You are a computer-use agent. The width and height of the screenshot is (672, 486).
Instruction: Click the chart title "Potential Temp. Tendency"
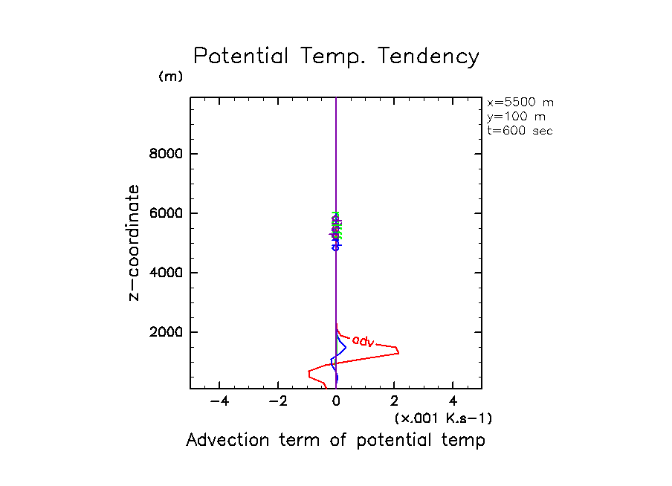click(336, 56)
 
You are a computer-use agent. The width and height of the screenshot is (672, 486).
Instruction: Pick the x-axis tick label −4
click(219, 401)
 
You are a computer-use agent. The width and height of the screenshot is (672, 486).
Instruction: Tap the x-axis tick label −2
click(278, 401)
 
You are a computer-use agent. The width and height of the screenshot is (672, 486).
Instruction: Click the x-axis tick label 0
click(336, 401)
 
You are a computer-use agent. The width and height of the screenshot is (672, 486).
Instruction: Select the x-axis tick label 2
click(395, 401)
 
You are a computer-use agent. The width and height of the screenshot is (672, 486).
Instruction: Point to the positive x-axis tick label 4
click(453, 401)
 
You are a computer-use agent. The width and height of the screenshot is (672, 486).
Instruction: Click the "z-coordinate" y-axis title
click(135, 242)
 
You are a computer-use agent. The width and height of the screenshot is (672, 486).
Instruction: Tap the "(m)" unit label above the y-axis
click(170, 77)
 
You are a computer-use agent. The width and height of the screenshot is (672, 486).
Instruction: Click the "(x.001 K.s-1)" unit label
click(443, 418)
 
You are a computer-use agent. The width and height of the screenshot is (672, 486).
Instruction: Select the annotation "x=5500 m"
click(520, 103)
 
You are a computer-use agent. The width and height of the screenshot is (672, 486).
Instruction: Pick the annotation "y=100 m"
click(514, 117)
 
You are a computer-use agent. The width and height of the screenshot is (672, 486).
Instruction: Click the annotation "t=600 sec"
click(520, 131)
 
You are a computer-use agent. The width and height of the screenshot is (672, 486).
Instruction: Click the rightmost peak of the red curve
click(399, 350)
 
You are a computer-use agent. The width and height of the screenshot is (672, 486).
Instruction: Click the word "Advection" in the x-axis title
click(219, 440)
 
